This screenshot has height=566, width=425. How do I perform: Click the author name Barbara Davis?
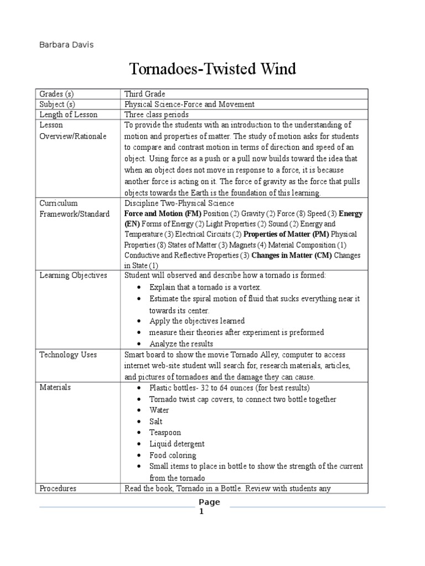[x=66, y=45]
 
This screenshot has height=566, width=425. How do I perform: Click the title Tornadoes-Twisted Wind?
[x=212, y=69]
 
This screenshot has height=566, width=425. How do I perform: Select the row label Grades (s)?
[x=56, y=94]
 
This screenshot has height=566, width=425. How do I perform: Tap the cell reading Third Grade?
[x=144, y=94]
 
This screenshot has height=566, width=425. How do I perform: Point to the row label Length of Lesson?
[x=68, y=114]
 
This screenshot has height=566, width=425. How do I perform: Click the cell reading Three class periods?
[x=157, y=114]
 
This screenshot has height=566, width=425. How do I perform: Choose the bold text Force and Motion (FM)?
[x=163, y=213]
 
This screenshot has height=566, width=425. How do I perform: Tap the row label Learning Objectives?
[x=73, y=275]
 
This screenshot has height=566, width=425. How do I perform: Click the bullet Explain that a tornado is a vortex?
[x=205, y=287]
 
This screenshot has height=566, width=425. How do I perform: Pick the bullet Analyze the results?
[x=181, y=344]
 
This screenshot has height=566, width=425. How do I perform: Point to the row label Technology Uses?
[x=68, y=355]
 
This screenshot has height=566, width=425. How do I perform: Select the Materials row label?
[x=55, y=387]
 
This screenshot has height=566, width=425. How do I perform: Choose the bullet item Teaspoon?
[x=165, y=433]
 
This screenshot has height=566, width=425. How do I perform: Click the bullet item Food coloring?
[x=173, y=455]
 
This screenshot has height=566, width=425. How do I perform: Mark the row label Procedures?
[x=58, y=489]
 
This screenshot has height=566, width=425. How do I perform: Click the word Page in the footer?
[x=209, y=502]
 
